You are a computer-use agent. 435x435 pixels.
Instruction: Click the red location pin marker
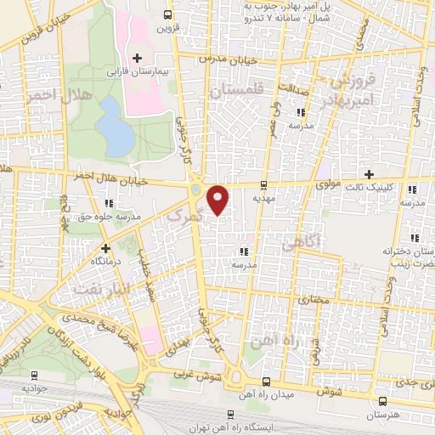(x=218, y=200)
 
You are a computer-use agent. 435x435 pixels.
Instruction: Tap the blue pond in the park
(x=114, y=125)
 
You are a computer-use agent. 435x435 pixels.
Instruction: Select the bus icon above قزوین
(x=167, y=14)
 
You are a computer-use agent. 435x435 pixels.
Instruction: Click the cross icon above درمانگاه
(x=106, y=249)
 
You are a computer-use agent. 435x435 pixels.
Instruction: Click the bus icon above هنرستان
(x=382, y=401)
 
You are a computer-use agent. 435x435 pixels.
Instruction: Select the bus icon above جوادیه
(x=34, y=375)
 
